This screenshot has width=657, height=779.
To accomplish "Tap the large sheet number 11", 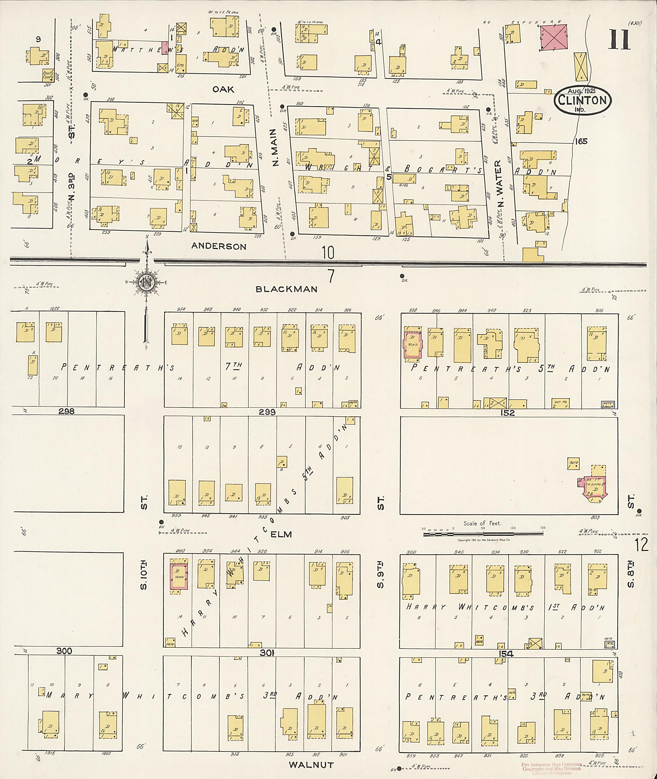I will point(620,39).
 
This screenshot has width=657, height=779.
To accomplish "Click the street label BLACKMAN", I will point(286,289).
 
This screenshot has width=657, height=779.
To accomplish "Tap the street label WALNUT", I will point(311,765).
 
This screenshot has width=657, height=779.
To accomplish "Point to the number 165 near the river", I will point(581,141).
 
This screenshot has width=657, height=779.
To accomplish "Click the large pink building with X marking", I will point(553,37).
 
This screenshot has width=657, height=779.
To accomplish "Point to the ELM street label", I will point(281,534).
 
